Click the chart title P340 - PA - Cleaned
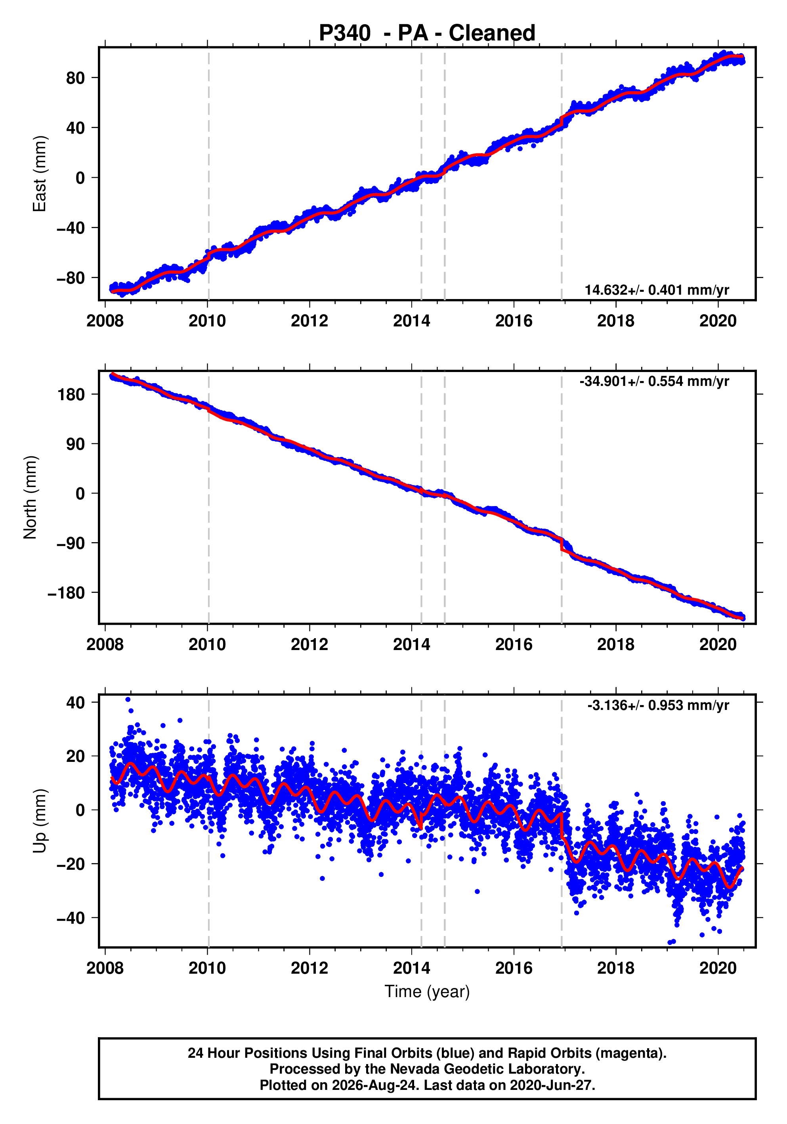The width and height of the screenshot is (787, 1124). [427, 33]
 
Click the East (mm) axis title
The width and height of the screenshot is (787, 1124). [39, 174]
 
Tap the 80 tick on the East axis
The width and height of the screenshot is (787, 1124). [75, 78]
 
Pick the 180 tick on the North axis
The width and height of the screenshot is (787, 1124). [71, 394]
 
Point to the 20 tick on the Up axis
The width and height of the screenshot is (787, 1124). [75, 756]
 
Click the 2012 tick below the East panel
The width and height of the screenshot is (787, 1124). [309, 321]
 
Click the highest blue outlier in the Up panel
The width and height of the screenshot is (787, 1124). [128, 700]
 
